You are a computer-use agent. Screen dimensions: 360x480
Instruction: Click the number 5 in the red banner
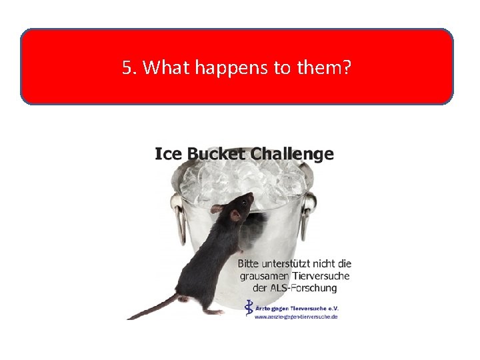127,67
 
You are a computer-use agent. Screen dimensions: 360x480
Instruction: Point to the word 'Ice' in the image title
168,154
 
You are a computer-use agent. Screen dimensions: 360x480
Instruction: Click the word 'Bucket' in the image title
213,154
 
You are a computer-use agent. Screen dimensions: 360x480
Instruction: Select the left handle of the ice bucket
178,217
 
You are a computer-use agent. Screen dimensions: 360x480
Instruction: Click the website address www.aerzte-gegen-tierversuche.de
296,317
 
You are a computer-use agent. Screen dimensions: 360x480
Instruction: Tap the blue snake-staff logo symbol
249,307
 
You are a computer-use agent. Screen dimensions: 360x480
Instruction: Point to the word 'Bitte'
251,264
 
